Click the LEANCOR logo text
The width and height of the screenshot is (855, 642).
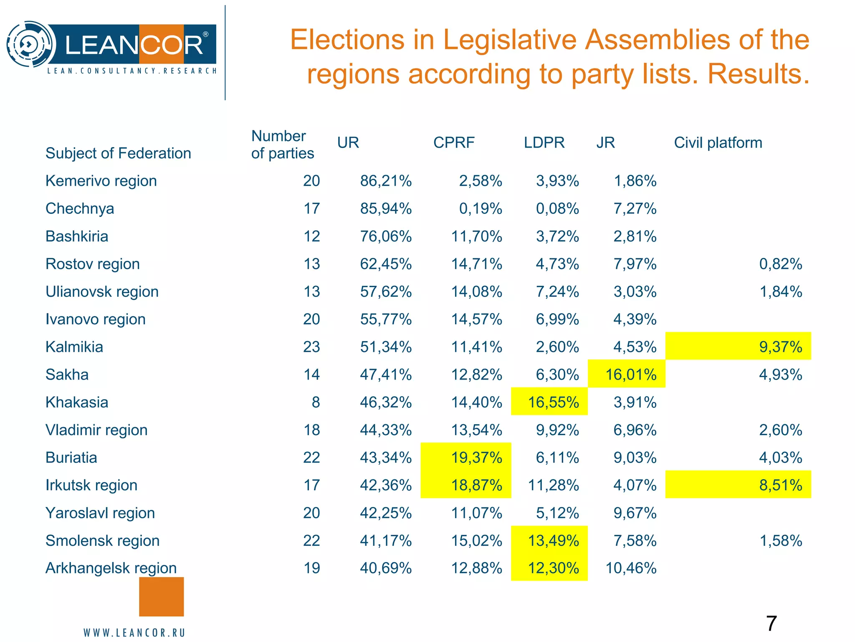pos(134,45)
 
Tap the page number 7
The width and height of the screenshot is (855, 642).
pos(771,624)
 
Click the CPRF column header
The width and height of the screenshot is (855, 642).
pos(454,143)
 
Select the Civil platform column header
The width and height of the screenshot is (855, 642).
pos(718,143)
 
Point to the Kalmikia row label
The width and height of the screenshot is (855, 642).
pos(74,347)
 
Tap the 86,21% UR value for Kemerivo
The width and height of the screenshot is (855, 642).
pos(386,181)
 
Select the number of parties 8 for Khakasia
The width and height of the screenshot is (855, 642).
pos(316,402)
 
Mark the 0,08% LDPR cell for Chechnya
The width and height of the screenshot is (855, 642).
pos(557,209)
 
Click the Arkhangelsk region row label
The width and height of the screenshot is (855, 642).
pos(111,568)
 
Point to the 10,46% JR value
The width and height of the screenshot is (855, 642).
pos(631,568)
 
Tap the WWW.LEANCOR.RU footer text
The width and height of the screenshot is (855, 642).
pos(134,633)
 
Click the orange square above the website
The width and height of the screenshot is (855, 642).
pos(161,596)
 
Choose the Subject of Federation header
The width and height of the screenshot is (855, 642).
pos(118,153)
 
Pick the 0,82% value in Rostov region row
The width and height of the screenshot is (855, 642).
pos(780,264)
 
